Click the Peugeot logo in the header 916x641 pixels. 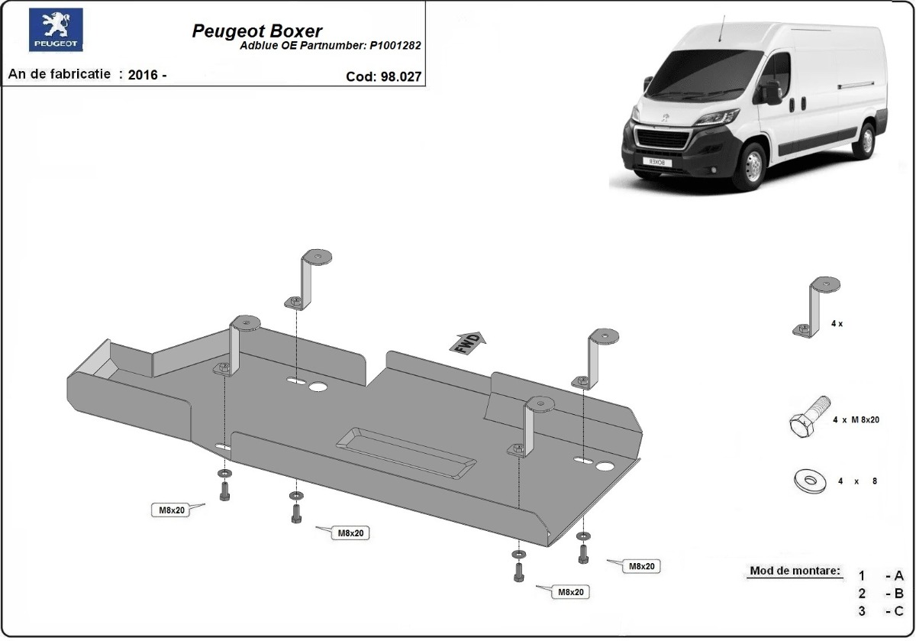pyautogui.click(x=56, y=31)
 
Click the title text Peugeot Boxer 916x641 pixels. pyautogui.click(x=256, y=31)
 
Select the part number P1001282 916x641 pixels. pyautogui.click(x=395, y=45)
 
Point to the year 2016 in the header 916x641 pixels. pyautogui.click(x=144, y=75)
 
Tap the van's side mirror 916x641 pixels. pyautogui.click(x=772, y=92)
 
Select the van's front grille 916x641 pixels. pyautogui.click(x=663, y=139)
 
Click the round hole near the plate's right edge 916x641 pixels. pyautogui.click(x=607, y=466)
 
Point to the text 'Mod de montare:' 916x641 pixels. pyautogui.click(x=795, y=571)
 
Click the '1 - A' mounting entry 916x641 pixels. pyautogui.click(x=881, y=576)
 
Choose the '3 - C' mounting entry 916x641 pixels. pyautogui.click(x=881, y=610)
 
